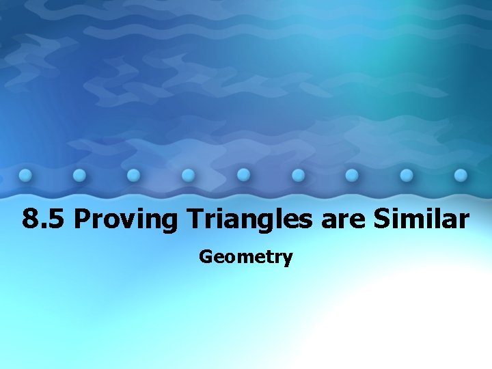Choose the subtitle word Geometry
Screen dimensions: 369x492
point(246,257)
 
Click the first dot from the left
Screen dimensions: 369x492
point(25,175)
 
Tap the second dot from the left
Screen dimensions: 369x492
point(79,175)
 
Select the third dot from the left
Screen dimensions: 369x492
point(134,175)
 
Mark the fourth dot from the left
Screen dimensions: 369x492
point(189,175)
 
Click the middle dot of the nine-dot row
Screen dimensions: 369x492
point(243,175)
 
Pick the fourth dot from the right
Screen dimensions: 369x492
point(298,175)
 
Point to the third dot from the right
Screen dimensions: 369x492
point(352,175)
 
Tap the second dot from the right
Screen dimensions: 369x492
point(407,175)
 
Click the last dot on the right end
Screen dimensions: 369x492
point(461,175)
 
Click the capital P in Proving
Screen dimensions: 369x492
point(81,219)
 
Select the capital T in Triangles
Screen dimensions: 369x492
point(195,219)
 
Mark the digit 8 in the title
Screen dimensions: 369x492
point(29,219)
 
